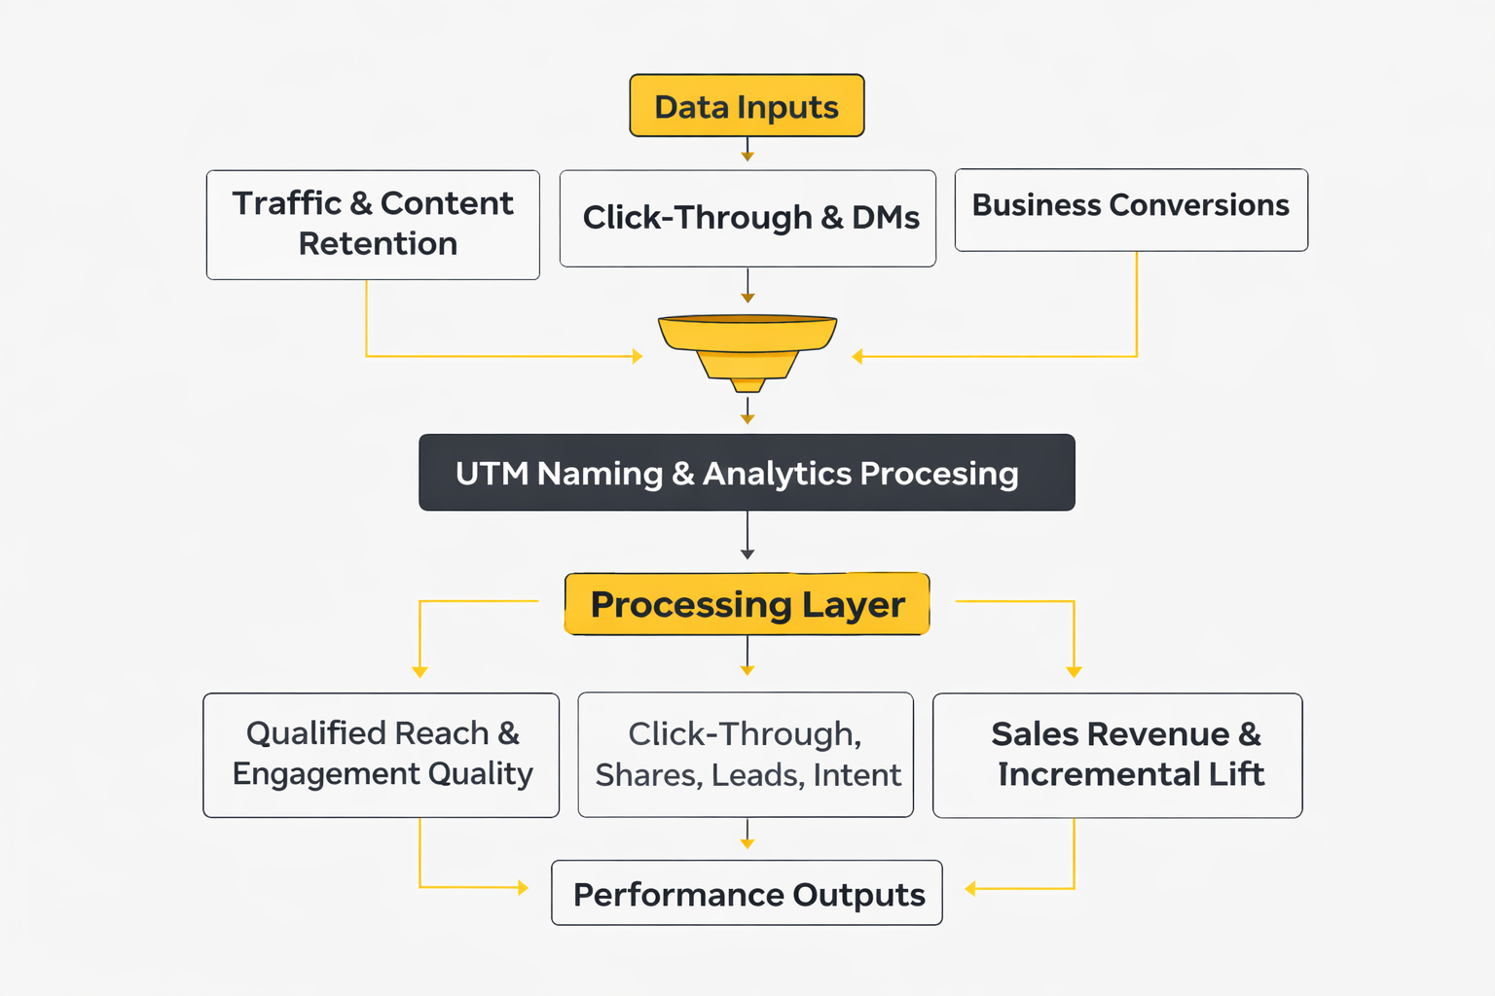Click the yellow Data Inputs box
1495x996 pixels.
click(747, 105)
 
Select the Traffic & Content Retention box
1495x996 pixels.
click(373, 225)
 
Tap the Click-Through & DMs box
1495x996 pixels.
click(747, 218)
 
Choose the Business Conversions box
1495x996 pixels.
click(1131, 209)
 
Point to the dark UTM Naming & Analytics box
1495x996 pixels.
click(747, 473)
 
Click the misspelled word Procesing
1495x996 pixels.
click(939, 474)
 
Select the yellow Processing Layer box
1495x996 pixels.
click(747, 604)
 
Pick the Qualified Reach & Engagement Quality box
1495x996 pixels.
click(381, 755)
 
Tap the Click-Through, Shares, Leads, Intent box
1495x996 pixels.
click(746, 755)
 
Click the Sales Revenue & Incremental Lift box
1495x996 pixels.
click(1117, 755)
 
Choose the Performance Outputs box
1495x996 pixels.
click(747, 893)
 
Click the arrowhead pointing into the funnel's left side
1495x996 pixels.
click(638, 357)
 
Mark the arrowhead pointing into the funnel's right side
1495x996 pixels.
click(857, 357)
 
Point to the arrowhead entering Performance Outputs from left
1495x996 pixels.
click(524, 887)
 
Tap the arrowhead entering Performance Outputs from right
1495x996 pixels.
click(969, 888)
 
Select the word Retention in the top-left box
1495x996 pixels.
click(378, 244)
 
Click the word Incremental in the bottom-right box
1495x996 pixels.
click(1099, 774)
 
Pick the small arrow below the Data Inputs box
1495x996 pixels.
click(747, 150)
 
